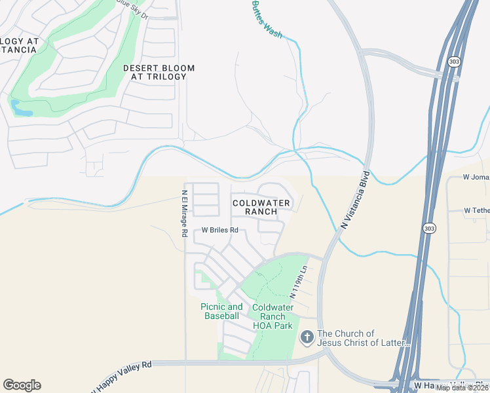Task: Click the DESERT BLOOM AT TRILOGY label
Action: (x=155, y=72)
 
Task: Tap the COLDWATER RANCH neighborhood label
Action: (x=261, y=208)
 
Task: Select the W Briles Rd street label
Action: (x=219, y=231)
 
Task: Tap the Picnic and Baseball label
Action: (x=221, y=311)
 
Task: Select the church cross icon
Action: (x=306, y=338)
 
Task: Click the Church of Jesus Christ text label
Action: (x=364, y=338)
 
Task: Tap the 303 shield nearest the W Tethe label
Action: (x=428, y=228)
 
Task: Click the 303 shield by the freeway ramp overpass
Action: (x=454, y=62)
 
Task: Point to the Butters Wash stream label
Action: (x=267, y=18)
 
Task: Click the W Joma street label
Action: (x=476, y=177)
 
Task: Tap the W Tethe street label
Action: (x=476, y=210)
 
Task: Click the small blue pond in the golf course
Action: (x=21, y=107)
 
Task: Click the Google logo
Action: (x=22, y=385)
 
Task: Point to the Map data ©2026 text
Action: (x=462, y=388)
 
